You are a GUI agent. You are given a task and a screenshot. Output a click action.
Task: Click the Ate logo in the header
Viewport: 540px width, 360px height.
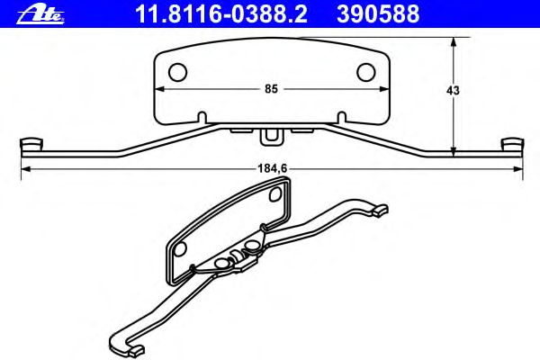pos(41,14)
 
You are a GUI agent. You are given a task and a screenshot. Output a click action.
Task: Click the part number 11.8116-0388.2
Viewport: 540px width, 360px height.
pos(221,14)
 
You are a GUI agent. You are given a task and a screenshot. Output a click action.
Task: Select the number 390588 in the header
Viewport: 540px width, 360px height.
pos(378,14)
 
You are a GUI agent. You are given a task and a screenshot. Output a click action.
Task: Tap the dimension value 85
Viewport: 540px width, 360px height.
pos(271,89)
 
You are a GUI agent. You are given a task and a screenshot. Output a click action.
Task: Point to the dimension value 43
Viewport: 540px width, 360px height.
pos(453,91)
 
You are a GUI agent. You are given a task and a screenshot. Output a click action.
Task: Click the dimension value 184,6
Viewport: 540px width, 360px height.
pos(273,168)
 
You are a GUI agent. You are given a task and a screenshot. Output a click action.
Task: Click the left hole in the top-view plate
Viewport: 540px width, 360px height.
pos(177,73)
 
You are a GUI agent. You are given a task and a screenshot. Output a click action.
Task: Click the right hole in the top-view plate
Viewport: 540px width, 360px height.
pos(365,73)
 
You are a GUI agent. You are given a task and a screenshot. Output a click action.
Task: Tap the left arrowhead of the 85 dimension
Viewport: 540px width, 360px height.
pos(159,89)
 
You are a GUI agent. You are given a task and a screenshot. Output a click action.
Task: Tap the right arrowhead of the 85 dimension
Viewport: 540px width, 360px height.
pos(384,89)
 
